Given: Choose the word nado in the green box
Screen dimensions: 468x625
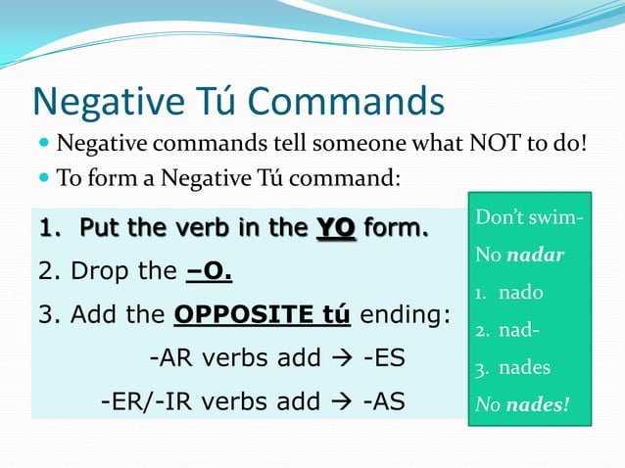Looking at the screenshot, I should click(x=520, y=292).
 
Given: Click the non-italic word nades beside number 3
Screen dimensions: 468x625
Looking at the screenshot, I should click(x=524, y=368).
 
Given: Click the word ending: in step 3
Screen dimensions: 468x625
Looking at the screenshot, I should click(x=406, y=316).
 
